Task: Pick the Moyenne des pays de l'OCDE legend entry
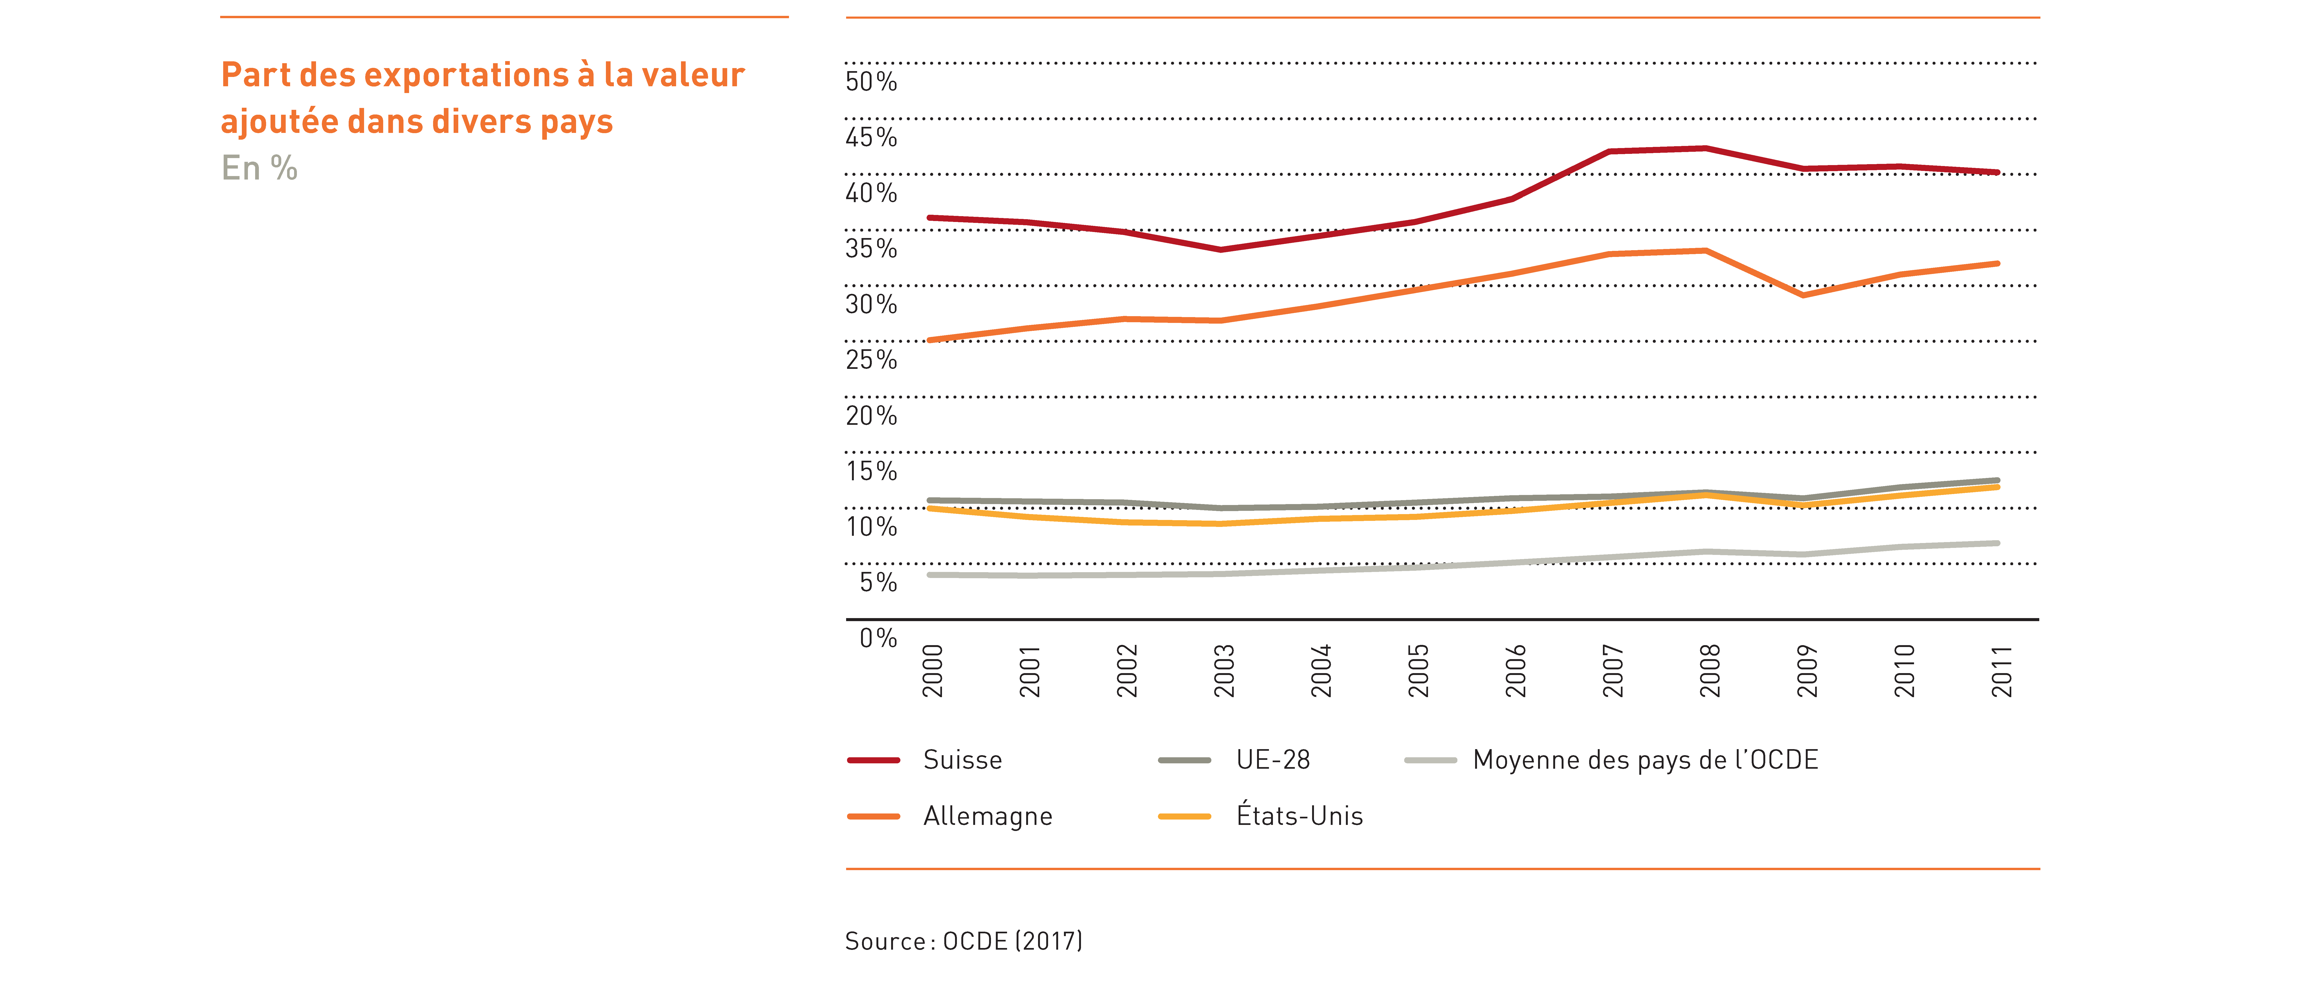pyautogui.click(x=1612, y=761)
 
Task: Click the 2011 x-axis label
pyautogui.click(x=2001, y=671)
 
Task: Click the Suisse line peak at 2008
pyautogui.click(x=1705, y=148)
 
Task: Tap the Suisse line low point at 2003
pyautogui.click(x=1220, y=250)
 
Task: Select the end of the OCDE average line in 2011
pyautogui.click(x=1997, y=543)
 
